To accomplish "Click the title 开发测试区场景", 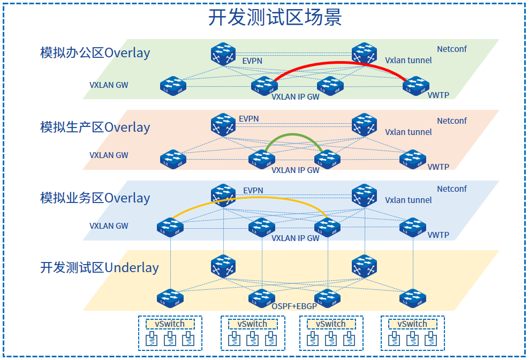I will point(275,18).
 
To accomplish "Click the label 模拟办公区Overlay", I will point(95,53).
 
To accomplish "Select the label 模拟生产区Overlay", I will point(95,127).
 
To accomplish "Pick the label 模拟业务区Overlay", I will point(95,198).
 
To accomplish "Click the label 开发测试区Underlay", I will point(100,267).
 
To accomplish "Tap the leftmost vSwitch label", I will point(170,324).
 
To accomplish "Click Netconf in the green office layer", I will point(451,49).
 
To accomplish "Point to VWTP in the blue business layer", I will point(438,235).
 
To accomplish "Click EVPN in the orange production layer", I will point(249,118).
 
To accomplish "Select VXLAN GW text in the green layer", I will point(109,85).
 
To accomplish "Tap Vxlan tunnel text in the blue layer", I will point(408,200).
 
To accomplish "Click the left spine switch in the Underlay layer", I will point(223,266).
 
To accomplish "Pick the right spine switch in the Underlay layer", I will point(364,266).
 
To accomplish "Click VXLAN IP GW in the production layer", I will point(296,170).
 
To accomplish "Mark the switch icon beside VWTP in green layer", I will point(415,85).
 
